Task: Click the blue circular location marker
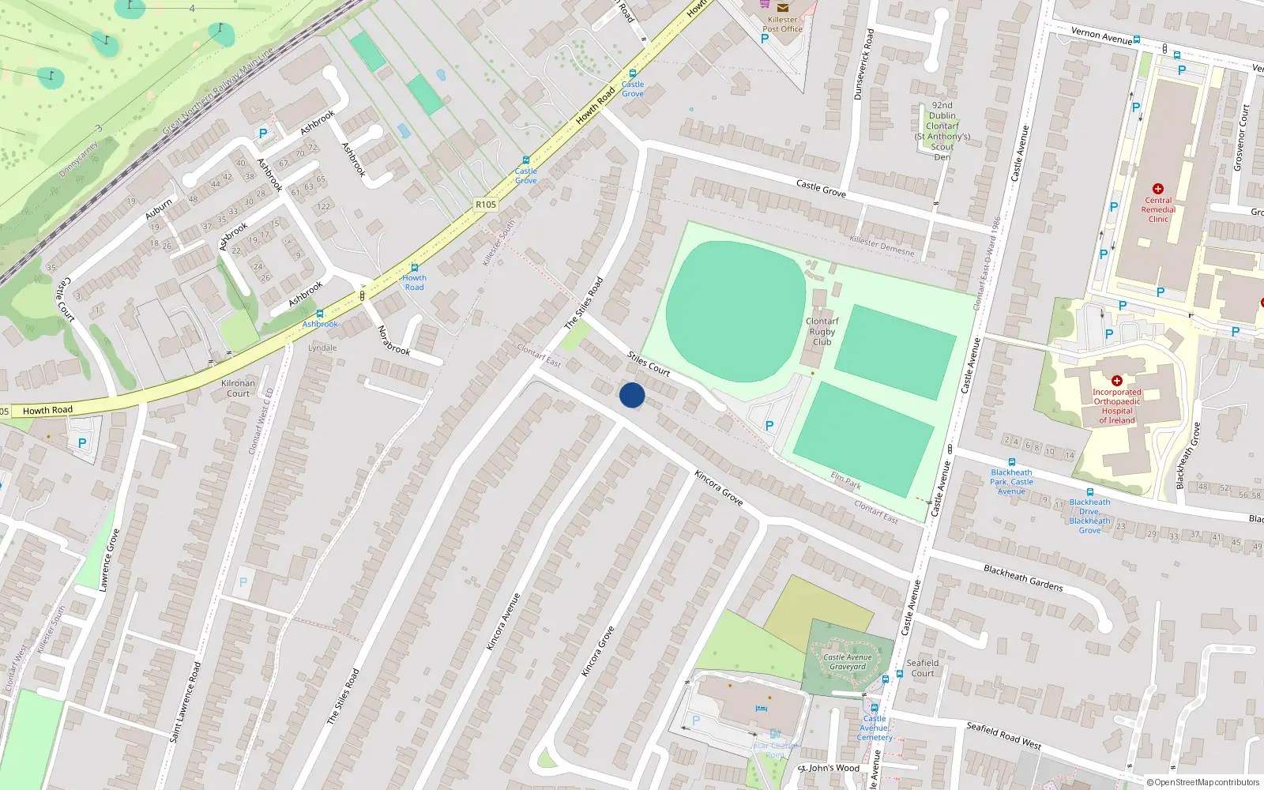tap(632, 395)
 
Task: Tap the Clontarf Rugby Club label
tap(822, 332)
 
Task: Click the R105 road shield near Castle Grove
tap(485, 205)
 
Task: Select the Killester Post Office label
tap(782, 24)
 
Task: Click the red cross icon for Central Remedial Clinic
tap(1158, 189)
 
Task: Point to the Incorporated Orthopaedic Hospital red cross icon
tap(1116, 381)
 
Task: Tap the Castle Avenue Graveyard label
tap(848, 662)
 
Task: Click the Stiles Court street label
tap(649, 363)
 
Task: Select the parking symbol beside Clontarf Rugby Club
tap(769, 425)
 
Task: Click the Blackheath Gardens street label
tap(1023, 577)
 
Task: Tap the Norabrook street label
tap(393, 340)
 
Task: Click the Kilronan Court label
tap(238, 388)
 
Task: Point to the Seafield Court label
tap(923, 668)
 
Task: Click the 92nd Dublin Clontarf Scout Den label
tap(942, 131)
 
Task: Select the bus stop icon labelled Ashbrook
tap(319, 314)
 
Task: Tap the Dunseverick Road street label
tap(863, 65)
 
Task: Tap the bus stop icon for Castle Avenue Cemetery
tap(875, 708)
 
